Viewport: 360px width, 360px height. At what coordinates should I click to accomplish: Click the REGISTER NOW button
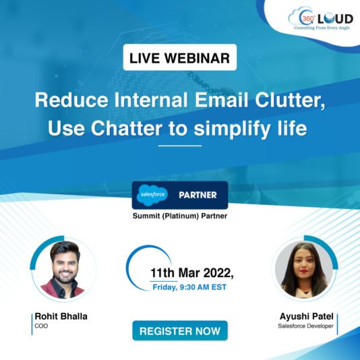click(180, 331)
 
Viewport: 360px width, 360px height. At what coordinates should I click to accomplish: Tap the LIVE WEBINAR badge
click(180, 58)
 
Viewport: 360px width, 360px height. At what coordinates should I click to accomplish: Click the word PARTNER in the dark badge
click(198, 195)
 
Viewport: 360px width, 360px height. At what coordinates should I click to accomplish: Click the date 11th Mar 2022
click(191, 273)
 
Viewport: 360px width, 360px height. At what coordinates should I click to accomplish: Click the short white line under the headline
click(180, 146)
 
